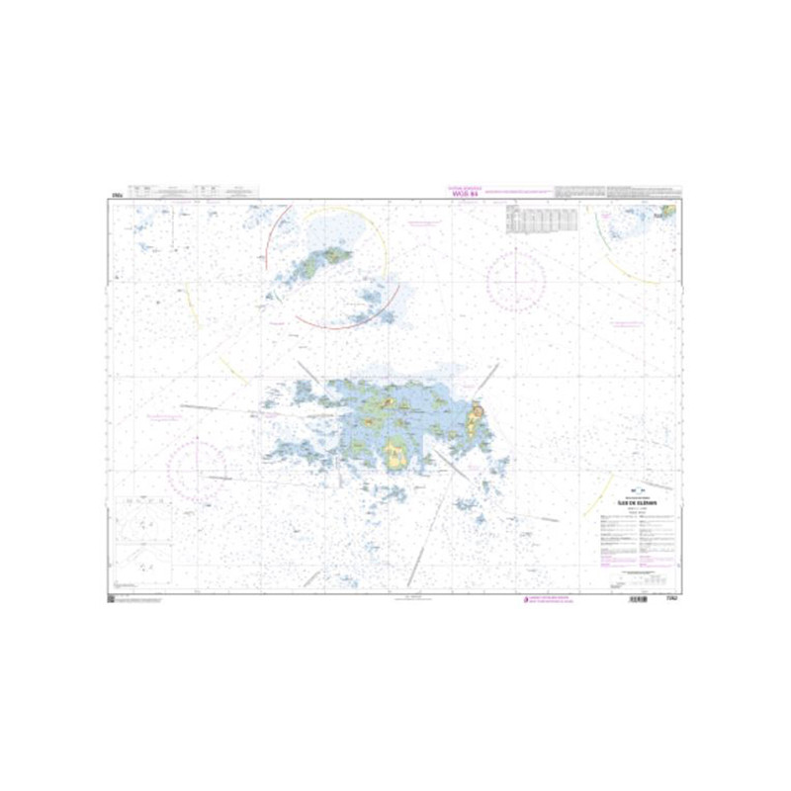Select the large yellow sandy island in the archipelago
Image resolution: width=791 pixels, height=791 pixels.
[x=397, y=455]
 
